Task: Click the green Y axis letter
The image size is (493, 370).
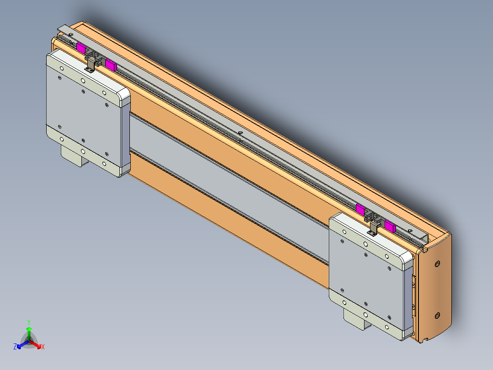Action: [29, 321]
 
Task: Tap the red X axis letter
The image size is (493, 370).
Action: [43, 347]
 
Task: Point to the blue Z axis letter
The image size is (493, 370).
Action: [15, 347]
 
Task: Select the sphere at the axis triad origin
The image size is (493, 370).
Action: [29, 341]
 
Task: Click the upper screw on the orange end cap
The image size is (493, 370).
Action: [438, 264]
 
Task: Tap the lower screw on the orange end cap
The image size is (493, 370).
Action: [437, 316]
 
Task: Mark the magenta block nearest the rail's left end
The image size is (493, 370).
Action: [81, 48]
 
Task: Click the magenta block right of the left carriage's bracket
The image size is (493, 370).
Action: [111, 64]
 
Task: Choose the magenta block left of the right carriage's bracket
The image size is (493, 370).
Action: [360, 210]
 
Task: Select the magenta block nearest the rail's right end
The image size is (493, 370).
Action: [390, 225]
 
